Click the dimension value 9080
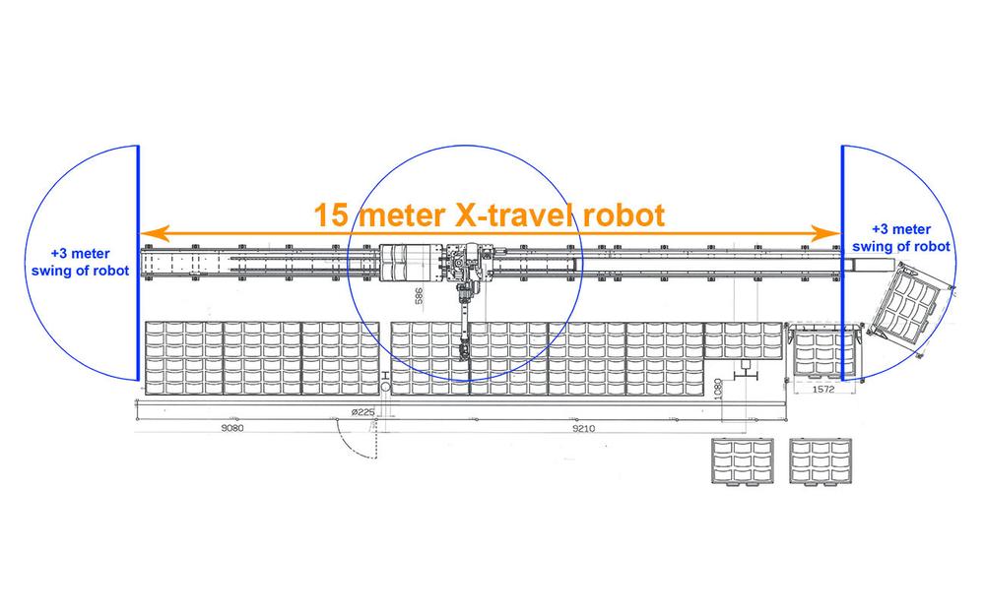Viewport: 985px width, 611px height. click(231, 428)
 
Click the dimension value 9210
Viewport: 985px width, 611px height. click(583, 428)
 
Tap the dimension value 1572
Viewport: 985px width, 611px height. click(822, 389)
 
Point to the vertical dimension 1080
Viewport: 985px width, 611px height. click(719, 389)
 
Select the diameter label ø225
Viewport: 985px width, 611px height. click(362, 412)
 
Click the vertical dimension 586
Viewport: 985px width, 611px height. click(419, 295)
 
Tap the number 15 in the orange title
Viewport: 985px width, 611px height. click(331, 214)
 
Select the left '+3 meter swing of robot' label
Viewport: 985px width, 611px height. click(81, 263)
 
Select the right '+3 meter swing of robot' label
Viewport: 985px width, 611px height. click(901, 238)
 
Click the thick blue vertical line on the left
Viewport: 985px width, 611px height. click(138, 263)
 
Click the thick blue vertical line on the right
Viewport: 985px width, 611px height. click(843, 263)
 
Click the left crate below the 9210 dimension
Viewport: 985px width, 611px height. click(742, 461)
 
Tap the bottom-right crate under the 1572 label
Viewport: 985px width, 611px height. click(821, 461)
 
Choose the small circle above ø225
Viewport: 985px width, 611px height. click(385, 387)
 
